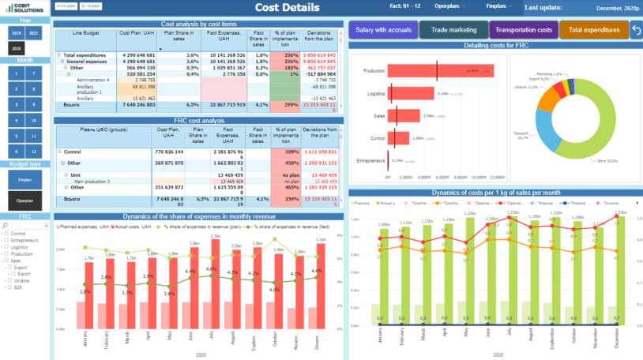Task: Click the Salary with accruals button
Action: point(382,30)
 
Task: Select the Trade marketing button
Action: point(453,30)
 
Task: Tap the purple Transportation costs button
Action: point(523,30)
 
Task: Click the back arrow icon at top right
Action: point(636,30)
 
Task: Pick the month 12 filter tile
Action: point(33,151)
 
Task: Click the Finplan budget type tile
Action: point(25,180)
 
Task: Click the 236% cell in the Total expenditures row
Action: point(285,55)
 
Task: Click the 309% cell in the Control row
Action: point(285,151)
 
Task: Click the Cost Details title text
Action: point(288,8)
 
